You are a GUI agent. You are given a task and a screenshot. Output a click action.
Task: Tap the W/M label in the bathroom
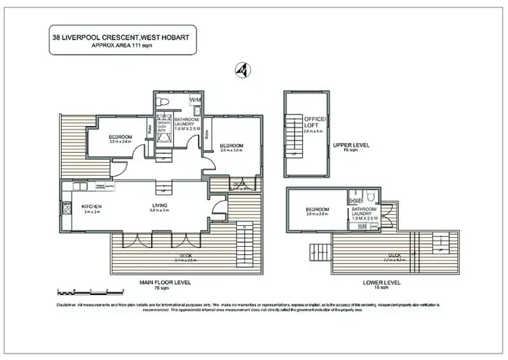196,100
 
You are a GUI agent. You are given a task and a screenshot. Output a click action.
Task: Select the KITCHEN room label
91,206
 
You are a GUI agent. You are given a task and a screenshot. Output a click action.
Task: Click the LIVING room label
160,206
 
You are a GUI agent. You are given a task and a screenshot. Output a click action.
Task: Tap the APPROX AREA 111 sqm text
123,48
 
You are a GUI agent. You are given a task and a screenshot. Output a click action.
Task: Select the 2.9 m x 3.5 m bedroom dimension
231,151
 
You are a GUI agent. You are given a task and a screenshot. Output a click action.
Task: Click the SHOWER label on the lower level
356,201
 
